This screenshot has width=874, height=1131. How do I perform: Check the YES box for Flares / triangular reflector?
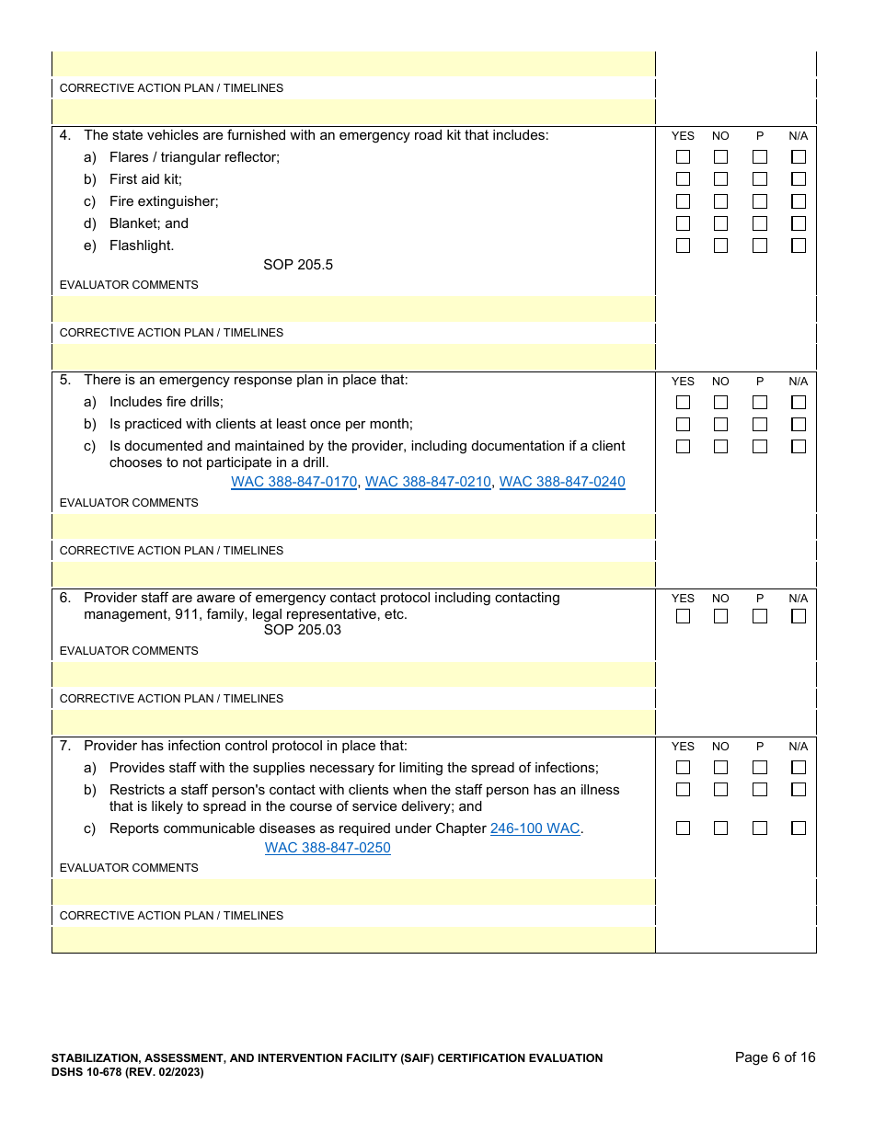pyautogui.click(x=683, y=157)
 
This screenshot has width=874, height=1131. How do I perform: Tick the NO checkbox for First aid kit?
pyautogui.click(x=720, y=179)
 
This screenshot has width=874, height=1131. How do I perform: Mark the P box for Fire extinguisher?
pyautogui.click(x=759, y=201)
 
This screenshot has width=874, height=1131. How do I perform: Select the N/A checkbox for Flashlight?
pyautogui.click(x=798, y=246)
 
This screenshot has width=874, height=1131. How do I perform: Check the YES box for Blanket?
pyautogui.click(x=683, y=223)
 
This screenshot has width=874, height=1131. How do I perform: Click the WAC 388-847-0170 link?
pyautogui.click(x=293, y=482)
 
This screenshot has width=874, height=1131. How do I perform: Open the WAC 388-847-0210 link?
pyautogui.click(x=428, y=482)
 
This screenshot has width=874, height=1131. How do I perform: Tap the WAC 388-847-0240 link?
pyautogui.click(x=562, y=482)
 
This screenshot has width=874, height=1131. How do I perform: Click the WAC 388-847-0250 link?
pyautogui.click(x=328, y=848)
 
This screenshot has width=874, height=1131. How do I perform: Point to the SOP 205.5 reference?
pyautogui.click(x=298, y=265)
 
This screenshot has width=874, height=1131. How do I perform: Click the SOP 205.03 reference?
pyautogui.click(x=302, y=630)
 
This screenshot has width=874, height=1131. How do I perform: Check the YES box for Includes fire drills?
pyautogui.click(x=683, y=403)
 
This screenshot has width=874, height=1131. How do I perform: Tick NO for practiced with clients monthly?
pyautogui.click(x=720, y=425)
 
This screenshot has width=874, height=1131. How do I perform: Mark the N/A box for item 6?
pyautogui.click(x=798, y=616)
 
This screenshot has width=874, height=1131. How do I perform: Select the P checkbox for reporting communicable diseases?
pyautogui.click(x=759, y=828)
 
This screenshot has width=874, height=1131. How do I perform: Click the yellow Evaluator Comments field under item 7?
pyautogui.click(x=353, y=891)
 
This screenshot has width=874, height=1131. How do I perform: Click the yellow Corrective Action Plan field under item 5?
pyautogui.click(x=353, y=575)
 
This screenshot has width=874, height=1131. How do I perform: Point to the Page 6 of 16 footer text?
pyautogui.click(x=775, y=1057)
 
